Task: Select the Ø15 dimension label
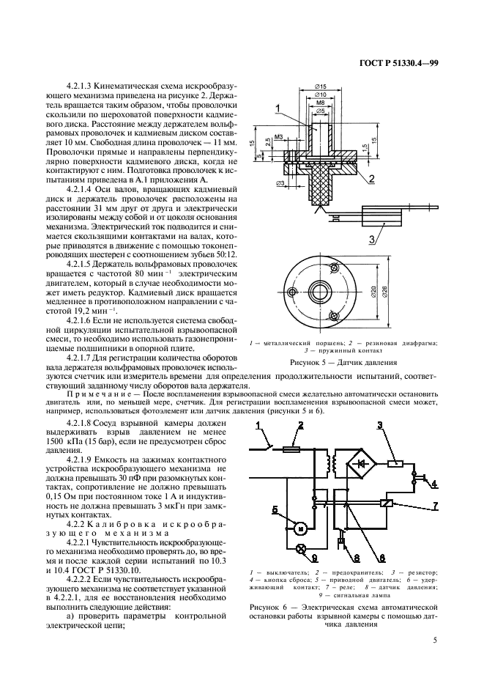click(x=321, y=88)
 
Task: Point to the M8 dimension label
click(x=321, y=103)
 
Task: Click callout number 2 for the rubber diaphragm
click(x=372, y=178)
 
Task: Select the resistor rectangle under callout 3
click(x=395, y=462)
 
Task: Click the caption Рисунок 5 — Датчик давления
click(x=342, y=363)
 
